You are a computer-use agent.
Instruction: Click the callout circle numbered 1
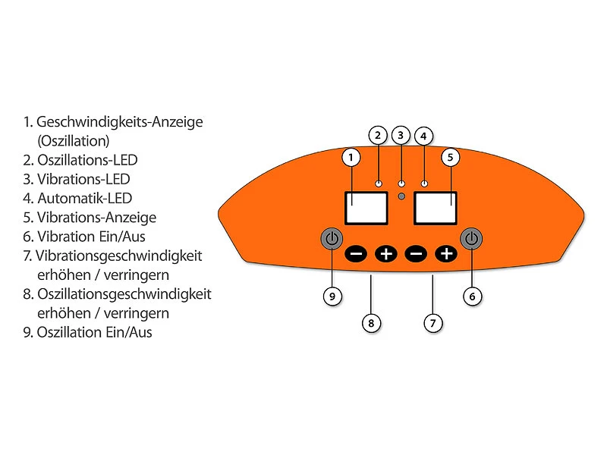point(351,157)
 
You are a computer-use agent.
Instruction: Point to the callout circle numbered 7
point(432,323)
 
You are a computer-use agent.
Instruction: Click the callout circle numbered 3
point(401,136)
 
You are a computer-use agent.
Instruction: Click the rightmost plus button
point(446,253)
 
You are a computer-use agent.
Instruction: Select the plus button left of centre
point(386,253)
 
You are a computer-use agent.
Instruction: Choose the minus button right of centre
point(416,253)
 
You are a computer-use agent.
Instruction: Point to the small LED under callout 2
point(378,184)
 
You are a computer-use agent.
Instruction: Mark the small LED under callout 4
point(424,184)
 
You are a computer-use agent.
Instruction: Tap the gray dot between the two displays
point(401,197)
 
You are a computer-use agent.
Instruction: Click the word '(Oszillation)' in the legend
point(73,141)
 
